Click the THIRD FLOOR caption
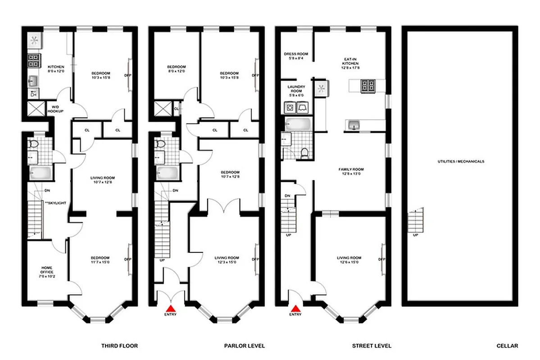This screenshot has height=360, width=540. pyautogui.click(x=119, y=346)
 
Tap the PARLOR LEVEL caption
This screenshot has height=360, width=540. pyautogui.click(x=244, y=346)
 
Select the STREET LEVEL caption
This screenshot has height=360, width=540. pyautogui.click(x=372, y=346)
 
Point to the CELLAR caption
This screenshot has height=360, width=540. pyautogui.click(x=507, y=346)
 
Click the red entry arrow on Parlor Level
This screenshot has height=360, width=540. pyautogui.click(x=171, y=308)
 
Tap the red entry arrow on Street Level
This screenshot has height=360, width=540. pyautogui.click(x=296, y=308)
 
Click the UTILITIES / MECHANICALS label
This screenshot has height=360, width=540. pyautogui.click(x=461, y=161)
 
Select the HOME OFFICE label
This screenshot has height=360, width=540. pyautogui.click(x=47, y=270)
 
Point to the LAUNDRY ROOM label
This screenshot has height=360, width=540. pyautogui.click(x=296, y=89)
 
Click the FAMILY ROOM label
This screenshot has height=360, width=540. pyautogui.click(x=351, y=171)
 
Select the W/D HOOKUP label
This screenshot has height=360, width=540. pyautogui.click(x=55, y=109)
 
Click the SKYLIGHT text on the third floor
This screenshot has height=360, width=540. pyautogui.click(x=55, y=203)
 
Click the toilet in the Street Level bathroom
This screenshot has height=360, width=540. pyautogui.click(x=305, y=153)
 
